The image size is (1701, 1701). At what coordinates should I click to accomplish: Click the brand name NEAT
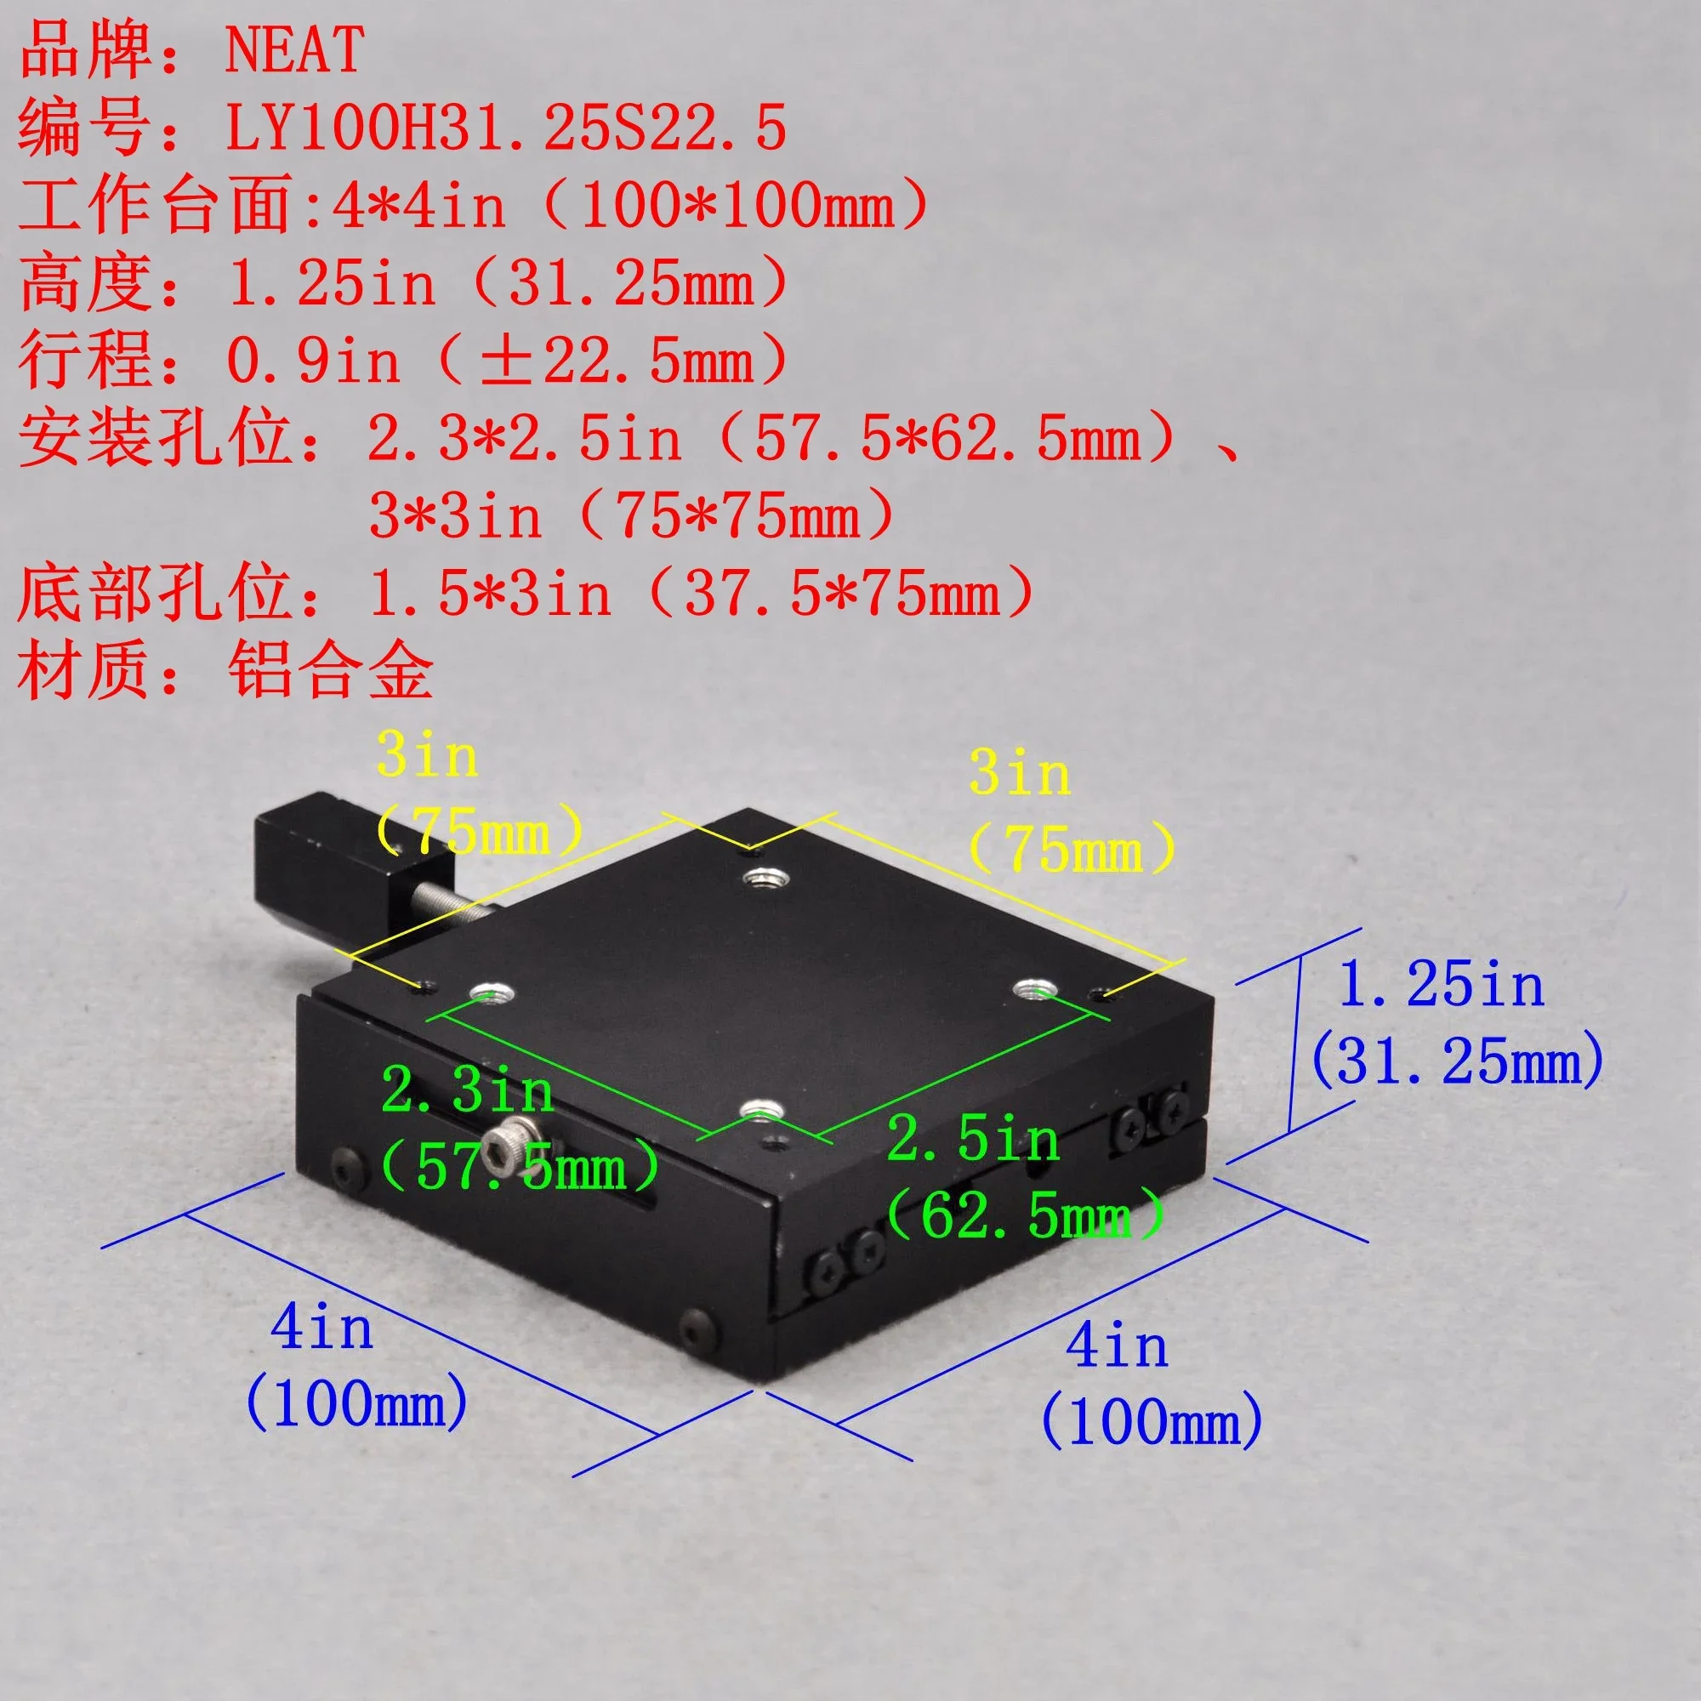coord(294,50)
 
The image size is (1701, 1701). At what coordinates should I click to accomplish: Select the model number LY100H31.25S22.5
coord(506,128)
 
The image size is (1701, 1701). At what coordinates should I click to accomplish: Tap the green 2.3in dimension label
coord(468,1091)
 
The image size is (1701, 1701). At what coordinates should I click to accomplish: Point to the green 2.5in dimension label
coord(974,1139)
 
